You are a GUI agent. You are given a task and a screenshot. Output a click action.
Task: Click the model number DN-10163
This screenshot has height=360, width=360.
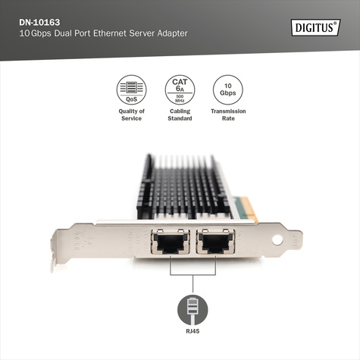[x=41, y=21]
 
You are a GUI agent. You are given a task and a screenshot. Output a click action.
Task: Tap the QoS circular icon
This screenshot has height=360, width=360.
[x=131, y=90]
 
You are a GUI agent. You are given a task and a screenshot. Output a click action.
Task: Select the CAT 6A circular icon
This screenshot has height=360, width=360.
[x=180, y=90]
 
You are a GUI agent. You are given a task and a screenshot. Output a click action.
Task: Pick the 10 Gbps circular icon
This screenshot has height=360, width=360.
[x=228, y=90]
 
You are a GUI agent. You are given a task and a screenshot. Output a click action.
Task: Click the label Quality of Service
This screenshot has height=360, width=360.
[x=131, y=114]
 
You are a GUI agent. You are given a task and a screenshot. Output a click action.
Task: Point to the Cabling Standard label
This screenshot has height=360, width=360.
[x=180, y=114]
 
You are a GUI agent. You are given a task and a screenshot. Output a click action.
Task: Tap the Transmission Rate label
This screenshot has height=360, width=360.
[x=228, y=114]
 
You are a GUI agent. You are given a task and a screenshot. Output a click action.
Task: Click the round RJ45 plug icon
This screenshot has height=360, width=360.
[x=192, y=311]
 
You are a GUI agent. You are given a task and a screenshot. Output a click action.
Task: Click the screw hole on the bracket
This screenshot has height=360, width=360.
[x=276, y=240]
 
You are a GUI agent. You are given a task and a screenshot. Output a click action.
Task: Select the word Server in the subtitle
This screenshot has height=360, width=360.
[x=143, y=34]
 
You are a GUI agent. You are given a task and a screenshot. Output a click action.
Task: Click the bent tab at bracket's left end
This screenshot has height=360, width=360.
[x=54, y=257]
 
